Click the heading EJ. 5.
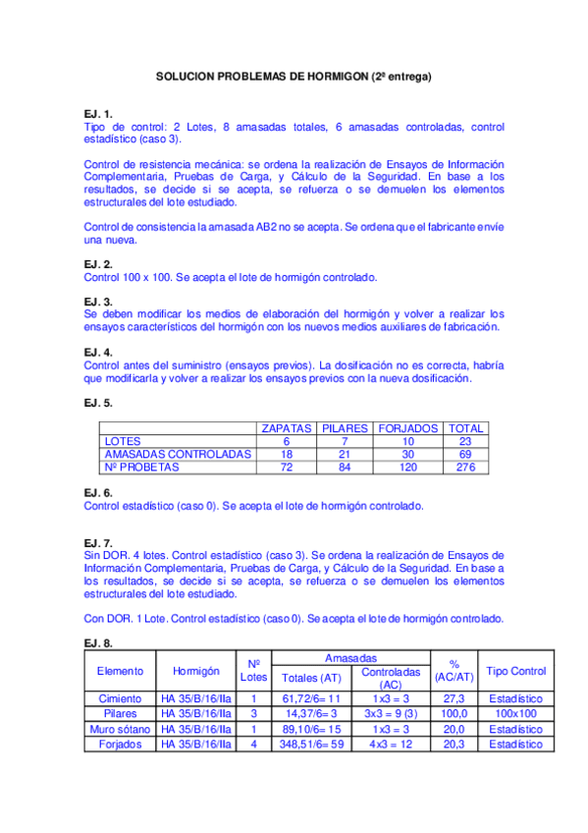98,403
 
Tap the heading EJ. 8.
98,643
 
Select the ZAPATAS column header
287,428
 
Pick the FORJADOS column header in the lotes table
409,428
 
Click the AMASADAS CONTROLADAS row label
177,455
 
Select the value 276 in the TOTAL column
465,468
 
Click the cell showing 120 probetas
409,468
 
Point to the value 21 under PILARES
344,455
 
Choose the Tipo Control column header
515,671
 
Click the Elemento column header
120,671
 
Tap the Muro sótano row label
120,729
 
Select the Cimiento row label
120,698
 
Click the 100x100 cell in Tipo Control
515,713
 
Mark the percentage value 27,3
454,698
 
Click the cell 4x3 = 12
390,744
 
